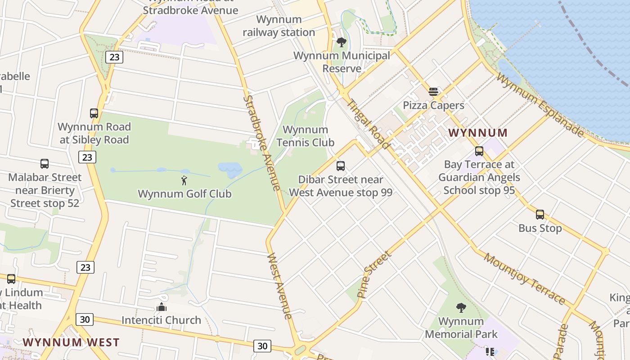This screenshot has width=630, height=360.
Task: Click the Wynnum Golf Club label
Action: [184, 194]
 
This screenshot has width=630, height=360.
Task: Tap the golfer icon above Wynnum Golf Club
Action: [184, 181]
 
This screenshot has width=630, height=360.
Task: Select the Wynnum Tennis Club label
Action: [305, 136]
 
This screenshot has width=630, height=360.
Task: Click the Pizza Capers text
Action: [433, 105]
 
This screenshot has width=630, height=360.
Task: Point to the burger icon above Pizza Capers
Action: [433, 92]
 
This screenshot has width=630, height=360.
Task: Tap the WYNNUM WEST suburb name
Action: [71, 342]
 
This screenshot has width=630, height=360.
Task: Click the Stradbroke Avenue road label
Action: [262, 143]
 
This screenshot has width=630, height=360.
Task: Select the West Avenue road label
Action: [280, 286]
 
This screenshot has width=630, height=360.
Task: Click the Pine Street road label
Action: [374, 274]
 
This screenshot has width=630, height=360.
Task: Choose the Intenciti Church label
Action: [161, 320]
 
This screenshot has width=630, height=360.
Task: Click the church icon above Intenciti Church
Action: [161, 307]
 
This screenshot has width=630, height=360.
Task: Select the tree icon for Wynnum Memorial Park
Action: [461, 308]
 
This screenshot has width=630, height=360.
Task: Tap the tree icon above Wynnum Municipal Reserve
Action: [342, 42]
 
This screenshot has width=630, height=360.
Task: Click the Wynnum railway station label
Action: [279, 26]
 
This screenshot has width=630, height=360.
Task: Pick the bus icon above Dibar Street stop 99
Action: [341, 166]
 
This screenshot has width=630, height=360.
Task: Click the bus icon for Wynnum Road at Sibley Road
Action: [94, 113]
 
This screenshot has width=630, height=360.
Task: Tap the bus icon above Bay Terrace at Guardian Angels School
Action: [479, 151]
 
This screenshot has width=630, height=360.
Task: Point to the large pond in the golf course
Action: [230, 170]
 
